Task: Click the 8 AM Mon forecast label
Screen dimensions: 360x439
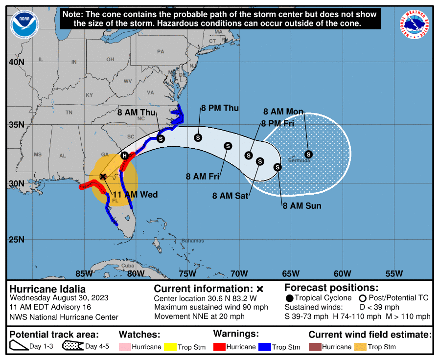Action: pos(283,112)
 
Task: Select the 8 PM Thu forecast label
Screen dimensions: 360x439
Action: pos(220,108)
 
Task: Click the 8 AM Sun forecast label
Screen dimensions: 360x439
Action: pos(301,205)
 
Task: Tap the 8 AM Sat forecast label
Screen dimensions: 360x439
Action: pos(230,196)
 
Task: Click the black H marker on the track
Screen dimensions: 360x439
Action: pos(124,156)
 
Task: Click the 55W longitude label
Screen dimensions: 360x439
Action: pos(394,273)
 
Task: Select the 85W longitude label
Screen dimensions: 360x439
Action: pos(84,273)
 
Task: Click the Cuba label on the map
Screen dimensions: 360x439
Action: pos(127,266)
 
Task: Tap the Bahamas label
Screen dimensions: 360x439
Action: pos(192,241)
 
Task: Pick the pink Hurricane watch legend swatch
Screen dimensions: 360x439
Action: pos(125,347)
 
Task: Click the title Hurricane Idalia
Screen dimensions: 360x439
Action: pos(47,289)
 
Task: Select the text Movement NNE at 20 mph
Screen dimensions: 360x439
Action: pos(199,316)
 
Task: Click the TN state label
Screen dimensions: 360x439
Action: pos(69,112)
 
